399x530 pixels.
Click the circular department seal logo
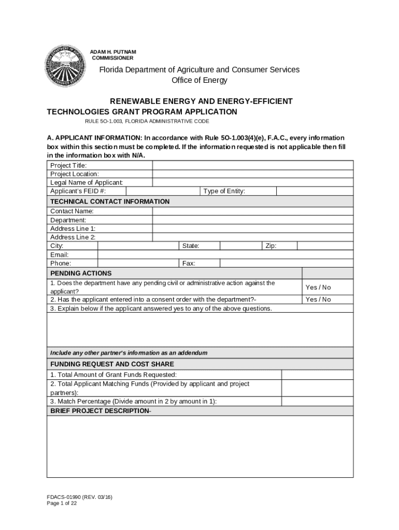point(65,66)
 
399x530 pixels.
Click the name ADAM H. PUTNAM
point(113,52)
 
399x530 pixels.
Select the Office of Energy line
point(199,80)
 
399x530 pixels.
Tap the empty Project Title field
point(253,165)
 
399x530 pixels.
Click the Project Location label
point(75,174)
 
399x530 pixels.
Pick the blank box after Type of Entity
point(315,191)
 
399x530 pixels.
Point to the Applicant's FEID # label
point(78,191)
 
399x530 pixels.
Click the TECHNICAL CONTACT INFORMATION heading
point(110,201)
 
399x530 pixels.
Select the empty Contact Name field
point(253,211)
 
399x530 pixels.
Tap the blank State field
point(241,246)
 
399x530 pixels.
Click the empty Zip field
point(325,246)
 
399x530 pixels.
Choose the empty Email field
point(225,255)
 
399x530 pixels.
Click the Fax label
point(189,263)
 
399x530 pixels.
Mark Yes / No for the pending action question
point(318,287)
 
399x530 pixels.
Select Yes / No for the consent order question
point(318,299)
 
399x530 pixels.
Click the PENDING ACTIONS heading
point(81,273)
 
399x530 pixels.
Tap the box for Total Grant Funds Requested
point(317,375)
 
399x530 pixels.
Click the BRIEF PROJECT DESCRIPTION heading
point(101,411)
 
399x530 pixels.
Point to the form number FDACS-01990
point(79,497)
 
